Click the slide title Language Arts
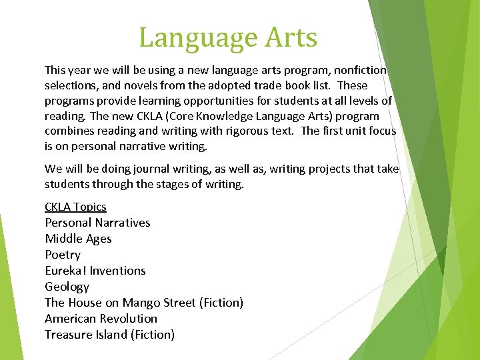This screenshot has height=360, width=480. click(228, 37)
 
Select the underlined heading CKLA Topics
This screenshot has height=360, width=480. click(75, 207)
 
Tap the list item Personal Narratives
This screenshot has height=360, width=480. click(97, 223)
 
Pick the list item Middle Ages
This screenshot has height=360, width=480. click(78, 239)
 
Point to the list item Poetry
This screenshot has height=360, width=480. click(63, 255)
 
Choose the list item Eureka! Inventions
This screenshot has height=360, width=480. click(95, 271)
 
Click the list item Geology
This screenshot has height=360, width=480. click(67, 287)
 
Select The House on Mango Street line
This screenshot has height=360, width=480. click(143, 303)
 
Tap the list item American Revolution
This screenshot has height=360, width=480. click(101, 319)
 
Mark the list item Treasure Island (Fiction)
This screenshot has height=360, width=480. click(109, 335)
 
